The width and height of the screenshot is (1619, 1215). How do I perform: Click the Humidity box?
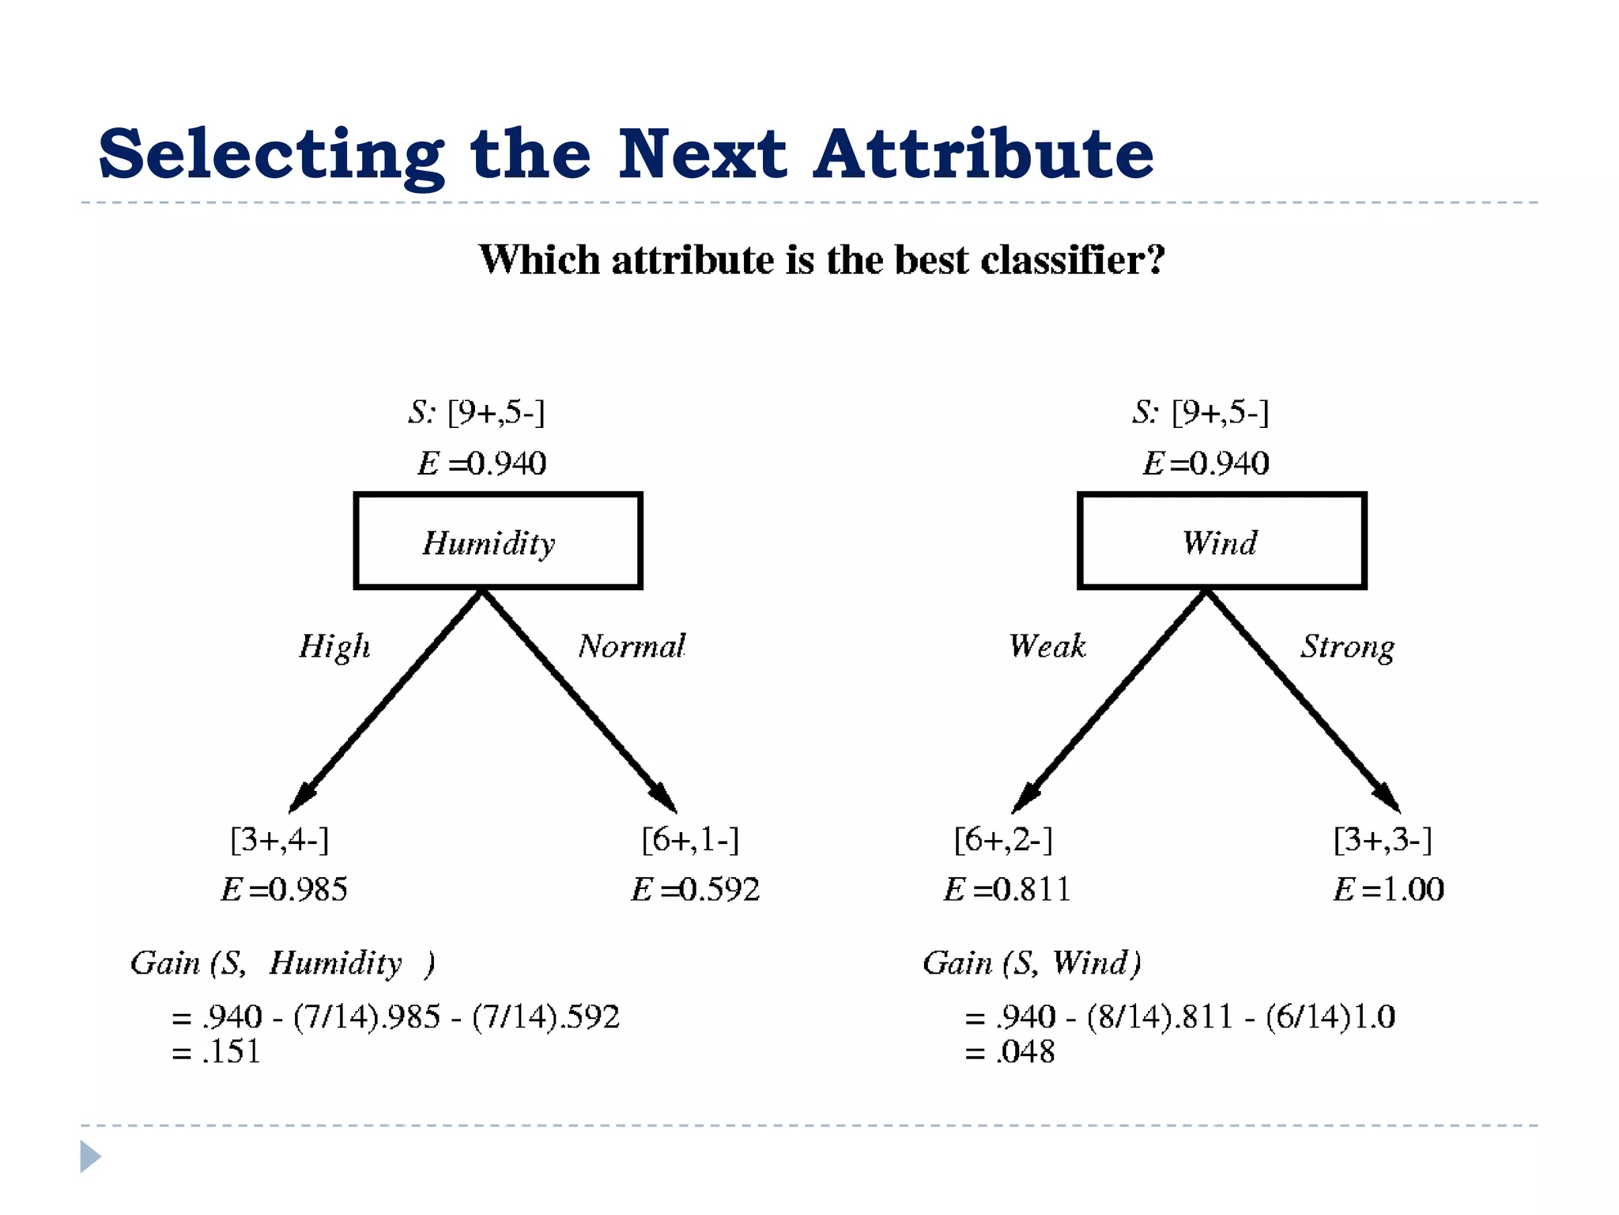pos(497,541)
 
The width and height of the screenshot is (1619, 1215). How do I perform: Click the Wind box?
pos(1221,541)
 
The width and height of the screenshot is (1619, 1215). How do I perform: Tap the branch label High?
pos(334,646)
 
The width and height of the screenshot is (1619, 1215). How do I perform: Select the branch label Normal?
pos(632,646)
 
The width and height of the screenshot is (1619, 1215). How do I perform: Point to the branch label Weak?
pos(1047,646)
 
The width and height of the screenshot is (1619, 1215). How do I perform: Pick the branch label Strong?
pos(1348,648)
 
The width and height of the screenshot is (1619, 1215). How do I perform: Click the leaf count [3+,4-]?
pos(279,839)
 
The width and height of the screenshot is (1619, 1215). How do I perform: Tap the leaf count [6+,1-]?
pos(690,839)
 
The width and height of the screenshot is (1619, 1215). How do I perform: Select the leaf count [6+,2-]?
pos(1003,839)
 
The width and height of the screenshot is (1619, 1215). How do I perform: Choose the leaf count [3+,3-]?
pos(1383,839)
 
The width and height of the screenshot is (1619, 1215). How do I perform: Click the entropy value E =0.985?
pos(284,890)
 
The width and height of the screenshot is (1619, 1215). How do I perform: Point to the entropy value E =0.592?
pos(695,890)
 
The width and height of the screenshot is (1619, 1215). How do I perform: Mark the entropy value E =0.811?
pos(1007,890)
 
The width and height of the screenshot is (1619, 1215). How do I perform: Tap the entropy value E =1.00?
pos(1388,890)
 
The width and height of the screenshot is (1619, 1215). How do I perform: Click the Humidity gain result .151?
pos(231,1052)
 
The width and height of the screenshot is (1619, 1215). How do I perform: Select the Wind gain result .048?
pos(1025,1052)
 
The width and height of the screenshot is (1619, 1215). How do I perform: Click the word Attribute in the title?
pos(983,154)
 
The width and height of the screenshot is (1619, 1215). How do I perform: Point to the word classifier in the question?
pos(1073,259)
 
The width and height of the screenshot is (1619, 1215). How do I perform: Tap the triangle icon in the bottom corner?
pos(90,1156)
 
